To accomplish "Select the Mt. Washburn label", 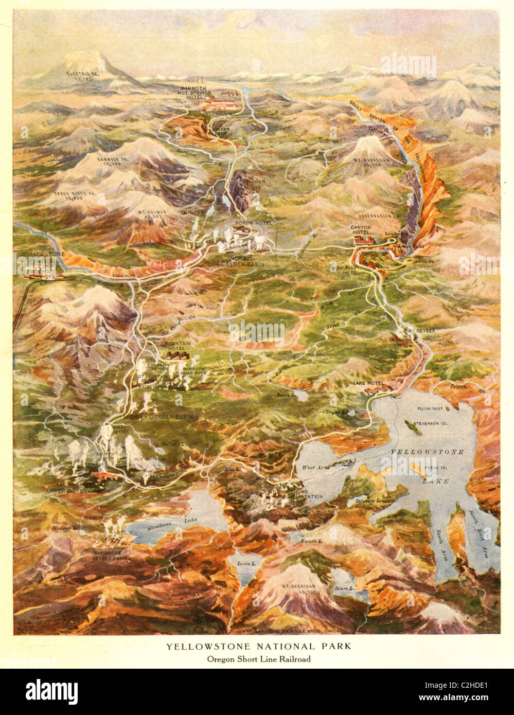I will pyautogui.click(x=381, y=163).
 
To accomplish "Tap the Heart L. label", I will pyautogui.click(x=344, y=588).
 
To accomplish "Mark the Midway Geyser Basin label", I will pyautogui.click(x=157, y=416).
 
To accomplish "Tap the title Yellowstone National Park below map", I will pyautogui.click(x=258, y=646).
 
